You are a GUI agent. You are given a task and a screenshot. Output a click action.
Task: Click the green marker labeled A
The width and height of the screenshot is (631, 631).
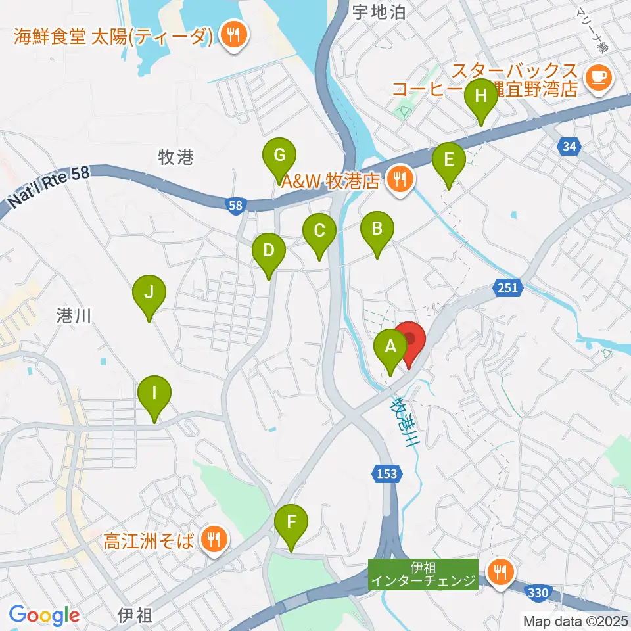coord(390,346)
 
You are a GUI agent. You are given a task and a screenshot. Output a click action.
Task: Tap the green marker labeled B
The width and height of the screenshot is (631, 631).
coord(377,230)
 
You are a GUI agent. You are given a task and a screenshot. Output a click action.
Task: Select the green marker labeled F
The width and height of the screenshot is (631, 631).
coord(291,523)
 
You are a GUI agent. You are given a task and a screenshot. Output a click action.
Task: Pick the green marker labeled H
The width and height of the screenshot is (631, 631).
coord(481,97)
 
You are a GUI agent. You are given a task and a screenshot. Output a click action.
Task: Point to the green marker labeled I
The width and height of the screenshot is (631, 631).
coord(154,394)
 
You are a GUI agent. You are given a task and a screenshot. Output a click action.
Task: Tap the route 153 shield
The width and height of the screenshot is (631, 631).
coord(386,473)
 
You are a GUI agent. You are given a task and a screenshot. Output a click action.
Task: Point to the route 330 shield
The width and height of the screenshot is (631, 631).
coord(538,594)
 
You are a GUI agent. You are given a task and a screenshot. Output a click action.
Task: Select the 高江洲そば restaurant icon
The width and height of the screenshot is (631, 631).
coord(214,540)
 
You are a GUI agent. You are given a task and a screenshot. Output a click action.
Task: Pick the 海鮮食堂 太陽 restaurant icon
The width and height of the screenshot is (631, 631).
coord(231,34)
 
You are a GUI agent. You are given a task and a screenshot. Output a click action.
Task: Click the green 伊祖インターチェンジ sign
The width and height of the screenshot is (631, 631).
coord(423,573)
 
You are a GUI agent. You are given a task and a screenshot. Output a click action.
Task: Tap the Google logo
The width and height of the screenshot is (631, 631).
coord(44,615)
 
